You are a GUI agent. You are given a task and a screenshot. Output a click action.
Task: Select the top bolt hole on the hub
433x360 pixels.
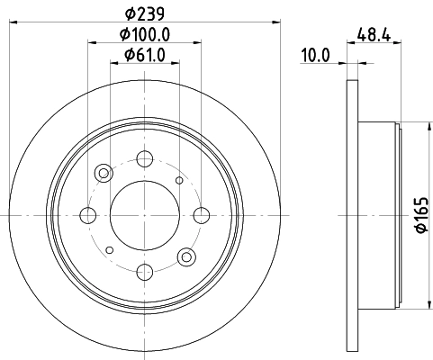point(144,160)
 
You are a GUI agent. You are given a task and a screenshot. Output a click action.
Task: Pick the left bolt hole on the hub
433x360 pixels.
point(88,215)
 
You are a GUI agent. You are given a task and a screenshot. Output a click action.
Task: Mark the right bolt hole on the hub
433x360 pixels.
point(199,215)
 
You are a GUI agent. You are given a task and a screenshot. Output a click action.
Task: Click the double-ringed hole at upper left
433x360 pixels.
point(104,173)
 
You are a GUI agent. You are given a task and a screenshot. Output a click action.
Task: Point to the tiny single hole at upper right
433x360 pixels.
point(180,181)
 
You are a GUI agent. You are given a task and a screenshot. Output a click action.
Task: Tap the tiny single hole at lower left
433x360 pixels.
point(108,249)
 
